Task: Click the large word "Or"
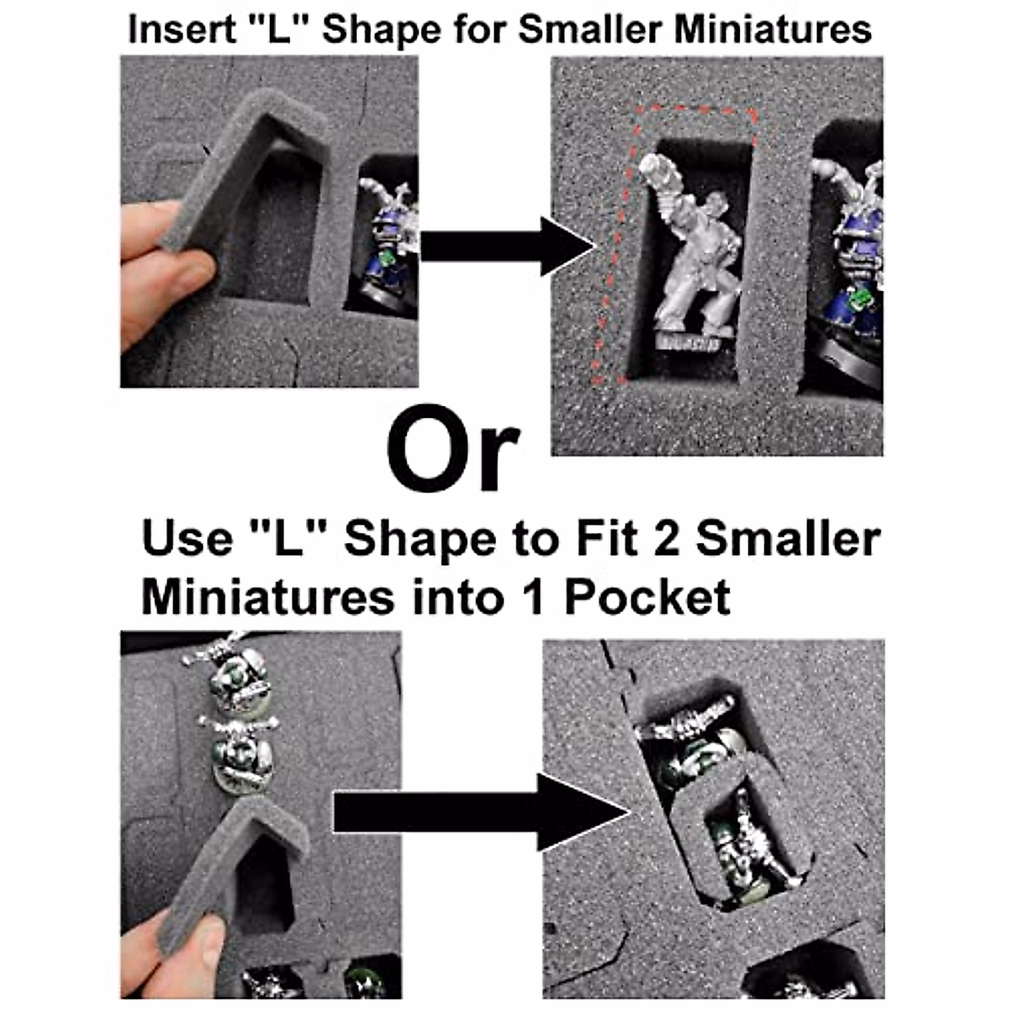452,450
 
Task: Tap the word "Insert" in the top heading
174,29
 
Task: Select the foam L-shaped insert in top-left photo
244,168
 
